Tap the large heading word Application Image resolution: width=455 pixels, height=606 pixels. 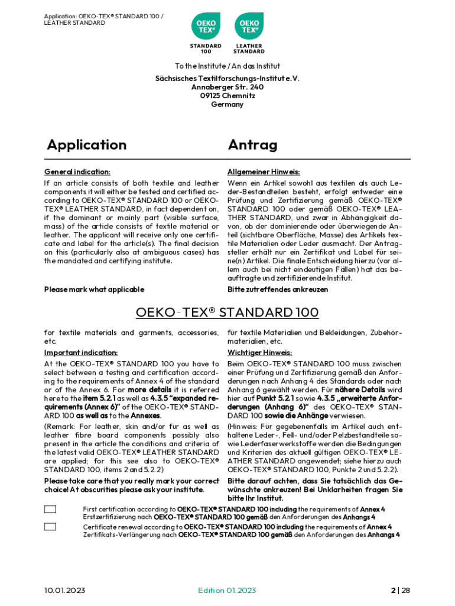(x=87, y=145)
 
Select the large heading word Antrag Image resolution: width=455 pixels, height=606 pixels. (x=252, y=145)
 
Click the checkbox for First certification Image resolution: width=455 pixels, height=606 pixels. (x=50, y=509)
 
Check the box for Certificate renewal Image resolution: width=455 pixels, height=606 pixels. (x=50, y=527)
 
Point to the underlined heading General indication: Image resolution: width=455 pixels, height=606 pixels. (x=77, y=172)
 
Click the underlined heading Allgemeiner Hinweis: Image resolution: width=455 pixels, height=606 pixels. (x=264, y=172)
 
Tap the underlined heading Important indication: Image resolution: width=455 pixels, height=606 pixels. (x=81, y=353)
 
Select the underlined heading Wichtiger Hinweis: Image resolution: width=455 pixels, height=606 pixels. (x=260, y=353)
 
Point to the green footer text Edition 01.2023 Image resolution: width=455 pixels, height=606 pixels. (x=227, y=591)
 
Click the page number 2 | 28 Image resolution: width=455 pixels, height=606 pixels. (x=400, y=591)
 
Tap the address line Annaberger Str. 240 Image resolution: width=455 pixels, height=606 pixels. (x=227, y=86)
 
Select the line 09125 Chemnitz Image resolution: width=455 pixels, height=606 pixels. (x=227, y=95)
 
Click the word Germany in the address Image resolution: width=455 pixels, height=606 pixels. (x=227, y=104)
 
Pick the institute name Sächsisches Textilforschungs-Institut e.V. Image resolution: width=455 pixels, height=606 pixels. (x=227, y=78)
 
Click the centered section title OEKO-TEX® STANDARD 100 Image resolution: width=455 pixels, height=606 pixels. (x=227, y=312)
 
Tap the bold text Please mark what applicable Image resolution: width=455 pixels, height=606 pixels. (x=94, y=289)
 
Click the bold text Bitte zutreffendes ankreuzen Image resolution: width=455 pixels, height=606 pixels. (x=278, y=289)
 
